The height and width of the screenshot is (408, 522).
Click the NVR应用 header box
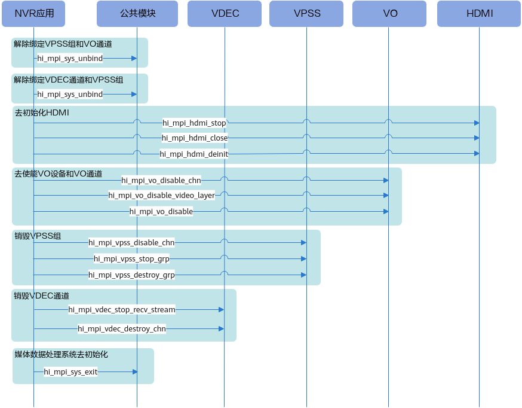(33, 14)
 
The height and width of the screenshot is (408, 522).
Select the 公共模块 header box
(137, 14)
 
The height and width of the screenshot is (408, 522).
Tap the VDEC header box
(225, 14)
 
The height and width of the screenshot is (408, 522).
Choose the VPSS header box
(306, 14)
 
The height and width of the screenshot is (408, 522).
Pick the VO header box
(389, 14)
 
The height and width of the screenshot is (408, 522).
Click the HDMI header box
(479, 14)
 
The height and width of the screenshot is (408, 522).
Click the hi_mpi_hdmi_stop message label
(194, 123)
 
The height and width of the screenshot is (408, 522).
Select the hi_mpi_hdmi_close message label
(195, 138)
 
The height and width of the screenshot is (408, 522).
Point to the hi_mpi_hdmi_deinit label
(194, 154)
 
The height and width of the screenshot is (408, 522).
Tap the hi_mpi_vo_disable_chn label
(161, 180)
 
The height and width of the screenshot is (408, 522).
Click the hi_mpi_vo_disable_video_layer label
(161, 196)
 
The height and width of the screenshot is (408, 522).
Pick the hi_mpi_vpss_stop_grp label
(131, 258)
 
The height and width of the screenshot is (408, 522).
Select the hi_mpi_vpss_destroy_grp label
(131, 275)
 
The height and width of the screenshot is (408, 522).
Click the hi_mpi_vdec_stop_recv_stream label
(122, 310)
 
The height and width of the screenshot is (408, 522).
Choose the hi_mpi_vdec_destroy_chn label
(122, 328)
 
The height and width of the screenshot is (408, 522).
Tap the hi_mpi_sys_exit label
(70, 372)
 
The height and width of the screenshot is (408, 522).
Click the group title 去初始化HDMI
(42, 112)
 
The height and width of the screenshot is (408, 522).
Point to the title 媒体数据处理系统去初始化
(61, 354)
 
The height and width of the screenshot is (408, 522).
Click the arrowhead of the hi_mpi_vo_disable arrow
(386, 212)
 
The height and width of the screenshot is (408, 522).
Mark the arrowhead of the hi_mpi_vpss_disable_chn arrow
(303, 243)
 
